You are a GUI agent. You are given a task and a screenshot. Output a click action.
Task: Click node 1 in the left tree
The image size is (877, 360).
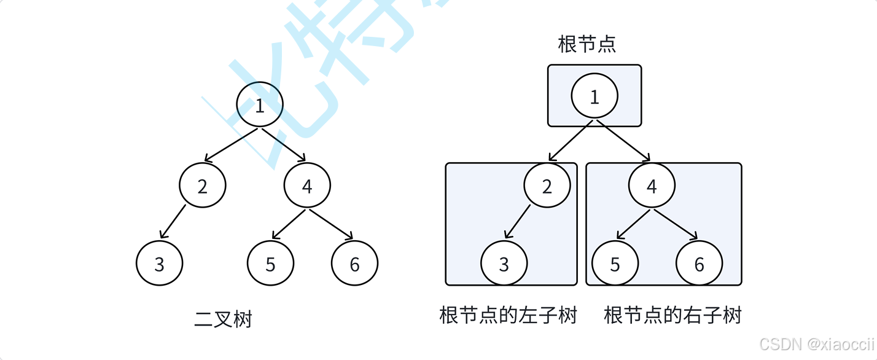(260, 105)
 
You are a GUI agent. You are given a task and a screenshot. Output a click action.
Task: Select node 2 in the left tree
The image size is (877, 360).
(203, 186)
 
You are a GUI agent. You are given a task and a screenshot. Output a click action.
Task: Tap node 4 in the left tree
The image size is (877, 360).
(307, 186)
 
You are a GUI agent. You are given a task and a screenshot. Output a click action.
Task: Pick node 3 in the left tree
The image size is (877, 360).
(159, 264)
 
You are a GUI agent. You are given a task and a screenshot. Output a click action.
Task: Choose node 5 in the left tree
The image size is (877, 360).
(271, 264)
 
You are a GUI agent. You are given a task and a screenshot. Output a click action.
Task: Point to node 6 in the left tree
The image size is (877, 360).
(354, 264)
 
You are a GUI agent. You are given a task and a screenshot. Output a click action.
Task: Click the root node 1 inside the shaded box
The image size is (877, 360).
(594, 96)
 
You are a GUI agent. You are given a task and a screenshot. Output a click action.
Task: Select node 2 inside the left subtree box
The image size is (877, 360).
(547, 186)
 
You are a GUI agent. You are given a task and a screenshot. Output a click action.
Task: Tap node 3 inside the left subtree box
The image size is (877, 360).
(504, 264)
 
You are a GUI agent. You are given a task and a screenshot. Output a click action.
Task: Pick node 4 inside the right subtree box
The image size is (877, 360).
(652, 186)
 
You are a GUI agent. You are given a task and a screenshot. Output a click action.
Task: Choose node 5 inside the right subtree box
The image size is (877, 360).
(615, 264)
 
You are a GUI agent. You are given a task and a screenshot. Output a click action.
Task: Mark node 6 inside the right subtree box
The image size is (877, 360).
(699, 264)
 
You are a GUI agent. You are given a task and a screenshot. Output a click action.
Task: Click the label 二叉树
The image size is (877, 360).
(223, 319)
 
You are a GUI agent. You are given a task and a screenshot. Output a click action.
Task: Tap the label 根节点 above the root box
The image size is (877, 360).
(587, 44)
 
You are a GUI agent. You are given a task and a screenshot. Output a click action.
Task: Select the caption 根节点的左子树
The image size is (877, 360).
(509, 316)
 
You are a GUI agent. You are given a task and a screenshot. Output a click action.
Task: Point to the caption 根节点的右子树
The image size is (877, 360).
(673, 316)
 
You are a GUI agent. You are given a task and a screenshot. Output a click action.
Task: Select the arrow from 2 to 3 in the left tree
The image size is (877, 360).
(173, 221)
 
